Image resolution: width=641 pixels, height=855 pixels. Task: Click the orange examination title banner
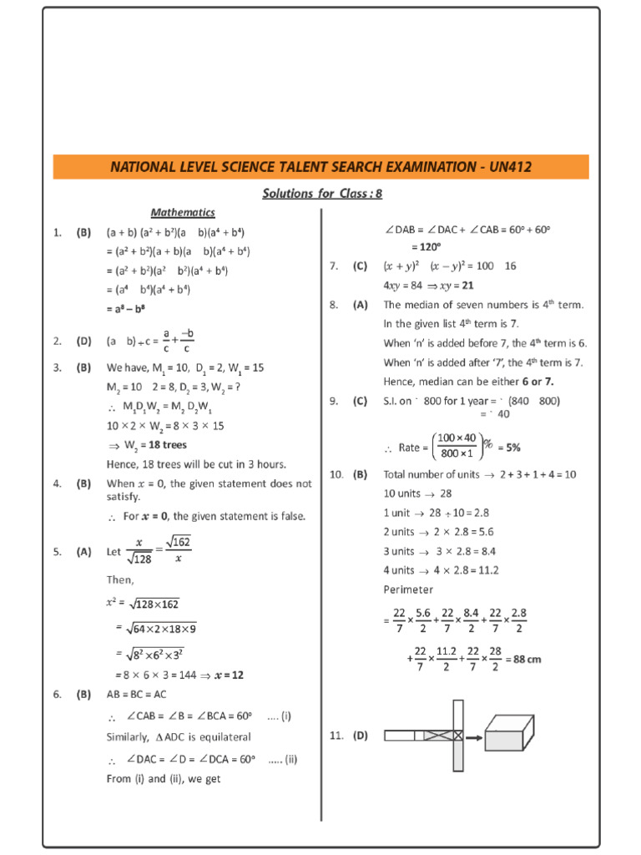click(x=320, y=167)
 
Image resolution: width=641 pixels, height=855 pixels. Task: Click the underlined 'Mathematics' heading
click(x=183, y=213)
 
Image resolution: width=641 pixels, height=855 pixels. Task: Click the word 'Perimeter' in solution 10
click(x=408, y=589)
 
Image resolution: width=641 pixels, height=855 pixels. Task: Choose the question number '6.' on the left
click(x=58, y=694)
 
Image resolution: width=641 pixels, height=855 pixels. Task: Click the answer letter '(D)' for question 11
click(x=360, y=736)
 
